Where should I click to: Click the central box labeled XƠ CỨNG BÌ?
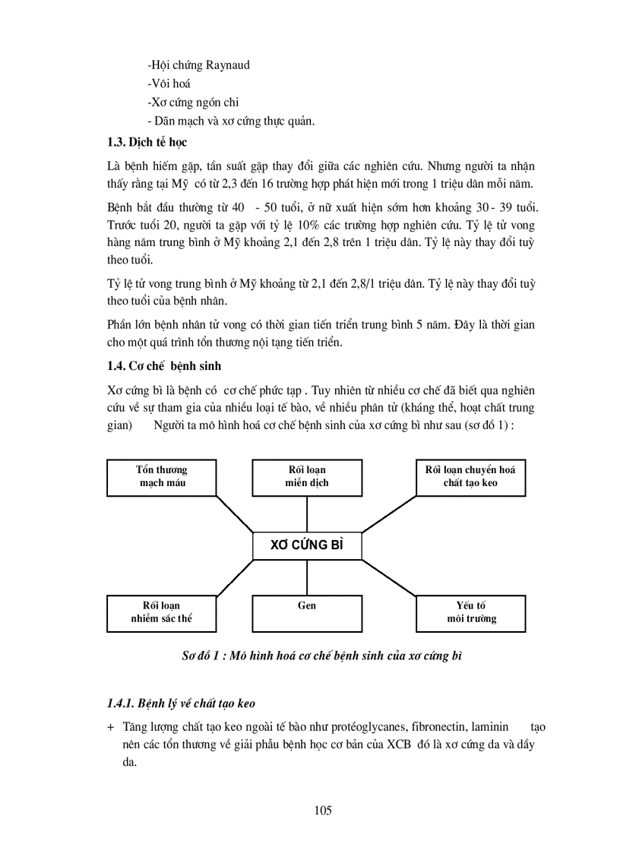click(307, 545)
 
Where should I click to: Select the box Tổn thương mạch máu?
click(162, 477)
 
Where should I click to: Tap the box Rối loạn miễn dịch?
click(307, 477)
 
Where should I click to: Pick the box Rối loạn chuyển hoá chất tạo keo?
click(470, 477)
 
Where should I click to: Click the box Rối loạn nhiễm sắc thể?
click(162, 613)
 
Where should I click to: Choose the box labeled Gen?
click(307, 613)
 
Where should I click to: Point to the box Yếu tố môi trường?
click(470, 613)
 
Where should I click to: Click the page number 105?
click(322, 810)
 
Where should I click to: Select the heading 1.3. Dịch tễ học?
click(147, 142)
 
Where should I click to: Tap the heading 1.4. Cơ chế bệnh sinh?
click(164, 366)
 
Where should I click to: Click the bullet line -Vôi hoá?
click(169, 84)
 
